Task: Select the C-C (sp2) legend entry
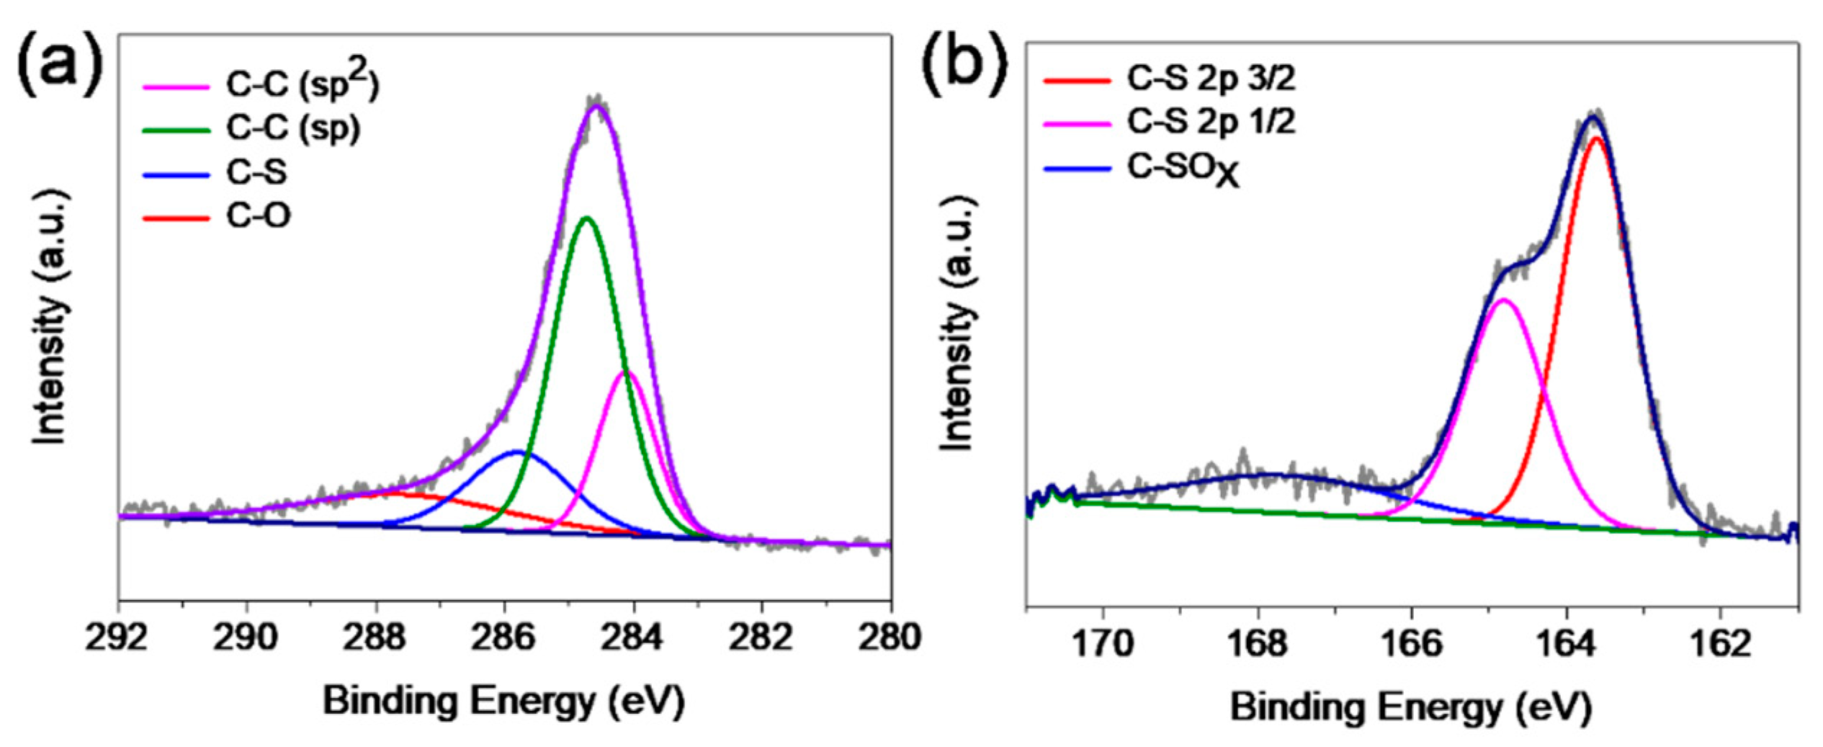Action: [x=303, y=85]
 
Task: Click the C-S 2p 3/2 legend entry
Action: [x=1211, y=79]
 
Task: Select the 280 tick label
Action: [x=890, y=638]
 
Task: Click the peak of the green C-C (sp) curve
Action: [x=587, y=218]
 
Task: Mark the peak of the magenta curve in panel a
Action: [x=628, y=372]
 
